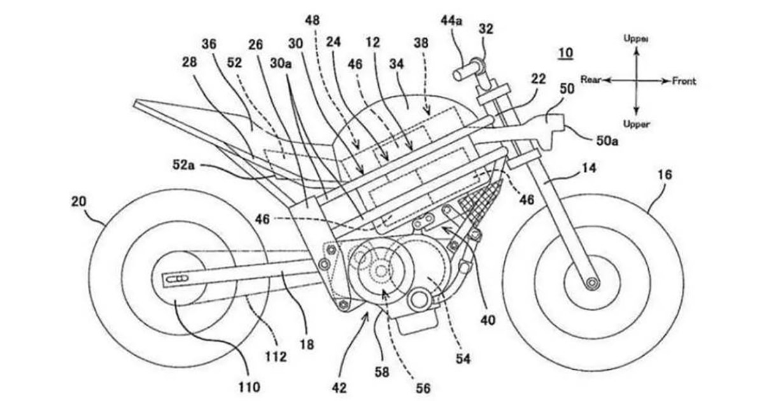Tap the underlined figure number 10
point(565,52)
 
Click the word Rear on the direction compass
point(591,80)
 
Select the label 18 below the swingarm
point(307,344)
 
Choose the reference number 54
point(462,359)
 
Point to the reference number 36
point(208,45)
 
